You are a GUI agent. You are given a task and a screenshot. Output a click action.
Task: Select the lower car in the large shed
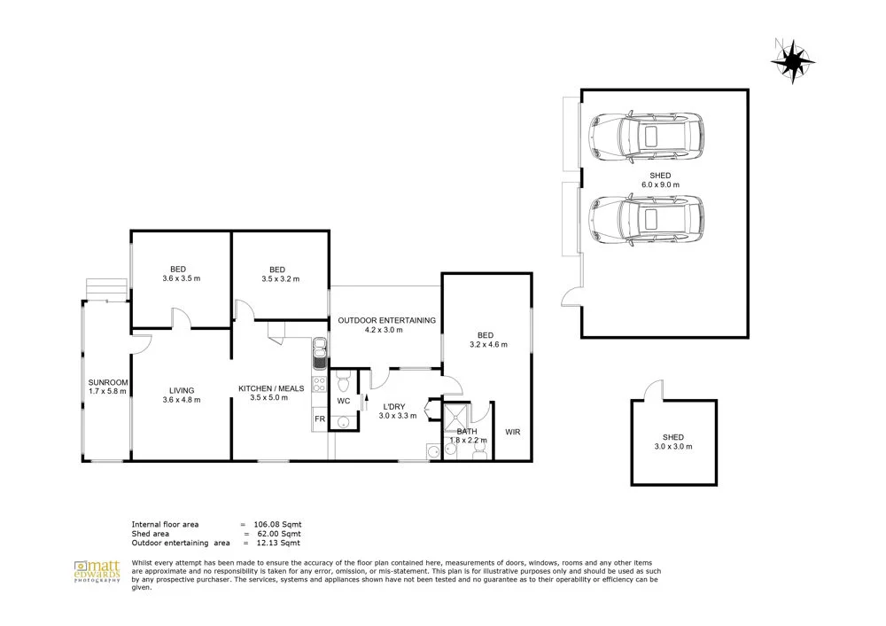tap(647, 220)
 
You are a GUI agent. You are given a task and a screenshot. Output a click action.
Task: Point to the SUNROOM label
tap(106, 386)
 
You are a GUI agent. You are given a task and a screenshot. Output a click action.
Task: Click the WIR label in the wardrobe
tap(512, 433)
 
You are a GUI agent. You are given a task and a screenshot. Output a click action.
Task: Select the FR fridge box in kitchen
tap(319, 419)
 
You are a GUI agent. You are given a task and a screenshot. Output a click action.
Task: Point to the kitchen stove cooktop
tap(320, 389)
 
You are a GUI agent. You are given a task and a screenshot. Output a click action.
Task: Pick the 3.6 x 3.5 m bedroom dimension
tap(181, 278)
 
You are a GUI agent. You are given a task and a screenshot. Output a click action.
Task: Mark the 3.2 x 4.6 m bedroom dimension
tap(487, 344)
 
